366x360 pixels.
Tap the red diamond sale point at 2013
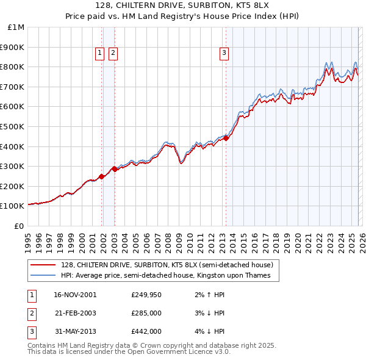coord(226,138)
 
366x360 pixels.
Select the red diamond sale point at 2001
coord(101,176)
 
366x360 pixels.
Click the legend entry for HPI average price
coord(170,275)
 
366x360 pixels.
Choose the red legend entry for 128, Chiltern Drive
coord(170,265)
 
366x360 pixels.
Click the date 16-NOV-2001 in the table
coord(74,295)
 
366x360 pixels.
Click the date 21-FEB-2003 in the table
coord(74,313)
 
